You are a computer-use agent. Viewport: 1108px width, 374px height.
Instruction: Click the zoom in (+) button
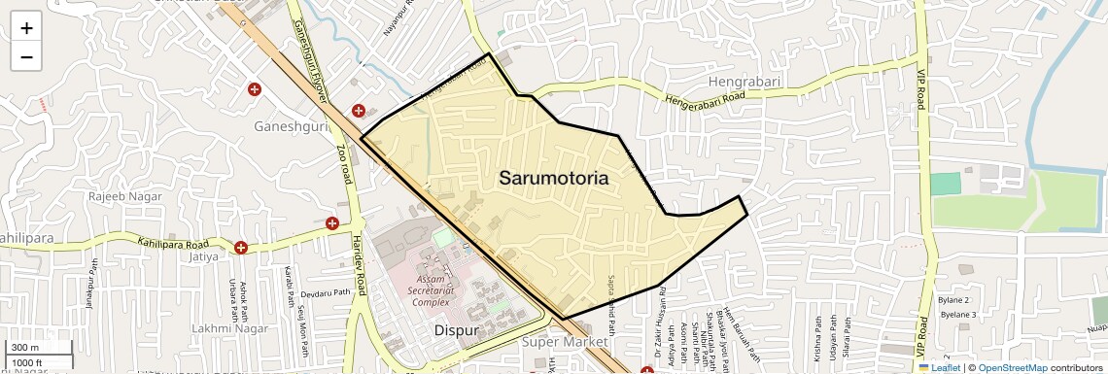pos(26,28)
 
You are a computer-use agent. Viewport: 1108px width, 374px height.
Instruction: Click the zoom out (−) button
pos(26,56)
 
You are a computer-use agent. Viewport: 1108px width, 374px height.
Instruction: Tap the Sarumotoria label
pos(554,178)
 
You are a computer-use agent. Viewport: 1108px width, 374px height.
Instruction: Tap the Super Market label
pos(565,342)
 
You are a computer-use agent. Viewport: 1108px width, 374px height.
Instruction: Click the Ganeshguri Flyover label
pos(310,57)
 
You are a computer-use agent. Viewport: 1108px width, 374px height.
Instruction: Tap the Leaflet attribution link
pos(939,367)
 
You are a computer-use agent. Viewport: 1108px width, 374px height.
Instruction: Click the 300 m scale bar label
pos(26,348)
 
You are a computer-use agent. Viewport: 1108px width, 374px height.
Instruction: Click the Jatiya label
pos(204,258)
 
